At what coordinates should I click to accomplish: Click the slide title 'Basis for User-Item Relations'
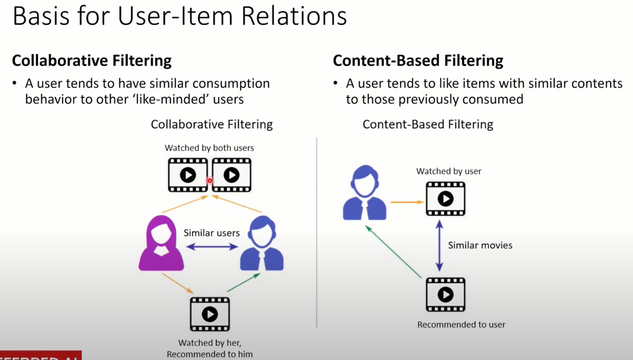(180, 16)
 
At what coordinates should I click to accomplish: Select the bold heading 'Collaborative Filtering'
(92, 60)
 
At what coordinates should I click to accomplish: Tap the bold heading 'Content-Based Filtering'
(418, 60)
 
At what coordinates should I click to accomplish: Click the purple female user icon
(161, 244)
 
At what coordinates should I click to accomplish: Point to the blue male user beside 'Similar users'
(262, 244)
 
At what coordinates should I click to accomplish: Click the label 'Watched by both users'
(209, 148)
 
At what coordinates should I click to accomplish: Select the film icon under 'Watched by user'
(446, 199)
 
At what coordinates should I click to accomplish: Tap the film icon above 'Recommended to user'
(446, 295)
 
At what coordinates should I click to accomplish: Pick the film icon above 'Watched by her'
(210, 314)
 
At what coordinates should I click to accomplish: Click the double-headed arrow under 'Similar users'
(212, 247)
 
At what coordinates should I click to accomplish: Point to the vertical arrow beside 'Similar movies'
(439, 246)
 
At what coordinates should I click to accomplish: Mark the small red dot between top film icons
(210, 181)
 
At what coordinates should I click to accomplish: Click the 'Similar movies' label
(480, 245)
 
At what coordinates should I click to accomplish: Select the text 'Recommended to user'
(461, 325)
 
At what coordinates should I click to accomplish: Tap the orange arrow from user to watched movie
(407, 202)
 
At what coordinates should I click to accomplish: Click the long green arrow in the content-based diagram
(394, 252)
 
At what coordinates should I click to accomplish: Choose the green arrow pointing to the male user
(243, 283)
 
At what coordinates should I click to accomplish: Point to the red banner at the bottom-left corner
(40, 356)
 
